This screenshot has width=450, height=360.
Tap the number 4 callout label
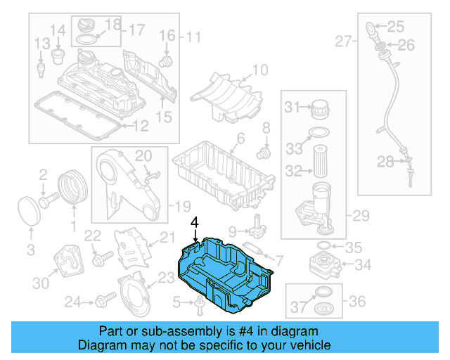[x=195, y=222]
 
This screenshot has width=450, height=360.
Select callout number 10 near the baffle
[x=260, y=70]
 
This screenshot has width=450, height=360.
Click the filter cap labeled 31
[x=320, y=109]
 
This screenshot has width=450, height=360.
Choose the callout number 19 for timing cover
[x=182, y=206]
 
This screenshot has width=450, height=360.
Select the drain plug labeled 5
[x=199, y=303]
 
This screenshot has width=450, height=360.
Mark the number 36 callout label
[x=357, y=302]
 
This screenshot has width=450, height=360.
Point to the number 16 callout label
[x=166, y=35]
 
